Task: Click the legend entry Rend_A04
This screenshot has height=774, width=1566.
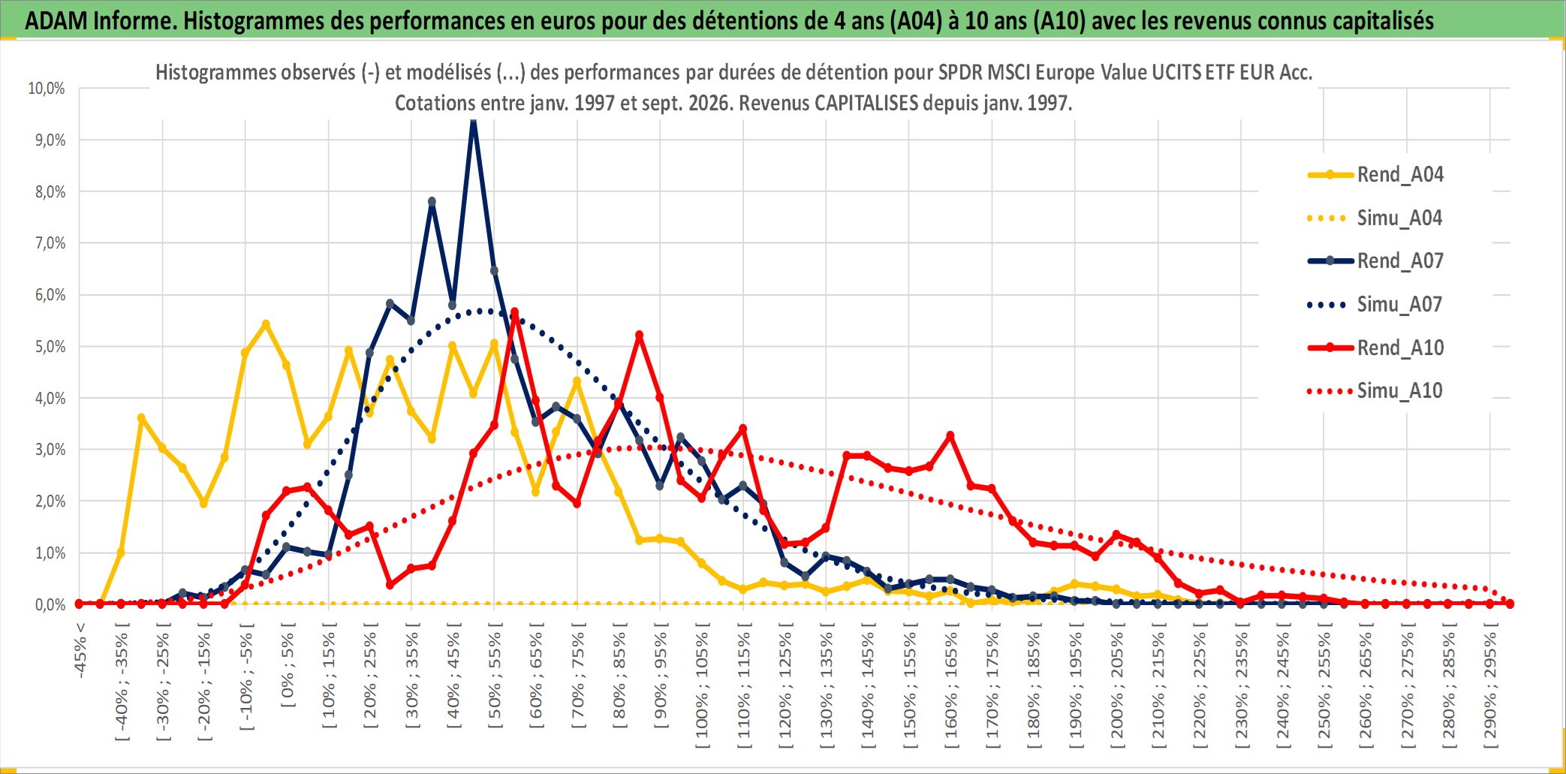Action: (x=1375, y=174)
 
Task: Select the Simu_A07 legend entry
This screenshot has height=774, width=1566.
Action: (x=1375, y=304)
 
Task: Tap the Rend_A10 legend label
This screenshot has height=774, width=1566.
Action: (x=1400, y=348)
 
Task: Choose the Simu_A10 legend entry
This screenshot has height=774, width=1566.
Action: (x=1375, y=390)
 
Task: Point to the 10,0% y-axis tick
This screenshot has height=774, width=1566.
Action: (x=47, y=89)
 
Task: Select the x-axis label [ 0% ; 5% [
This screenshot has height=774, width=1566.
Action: (x=288, y=665)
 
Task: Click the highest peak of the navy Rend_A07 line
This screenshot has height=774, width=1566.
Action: (x=473, y=122)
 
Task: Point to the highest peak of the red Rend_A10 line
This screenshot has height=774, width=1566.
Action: (x=514, y=312)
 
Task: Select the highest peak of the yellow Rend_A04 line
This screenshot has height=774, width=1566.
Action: (x=266, y=324)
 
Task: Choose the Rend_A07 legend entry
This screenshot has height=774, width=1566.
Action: (x=1375, y=261)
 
